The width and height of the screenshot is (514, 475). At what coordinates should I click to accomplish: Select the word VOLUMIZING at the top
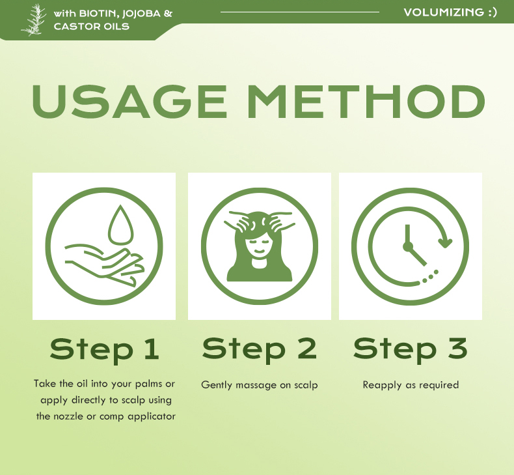(x=444, y=12)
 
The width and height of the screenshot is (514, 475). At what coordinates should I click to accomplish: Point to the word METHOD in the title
(x=366, y=101)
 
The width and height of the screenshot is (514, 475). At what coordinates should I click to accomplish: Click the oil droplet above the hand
(x=121, y=225)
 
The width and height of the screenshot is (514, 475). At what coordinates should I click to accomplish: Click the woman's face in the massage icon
(x=259, y=247)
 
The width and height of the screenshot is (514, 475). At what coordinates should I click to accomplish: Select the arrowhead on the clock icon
(x=446, y=243)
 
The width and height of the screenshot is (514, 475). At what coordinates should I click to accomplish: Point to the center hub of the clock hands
(x=407, y=246)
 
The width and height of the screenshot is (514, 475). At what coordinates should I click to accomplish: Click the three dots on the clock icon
(x=431, y=276)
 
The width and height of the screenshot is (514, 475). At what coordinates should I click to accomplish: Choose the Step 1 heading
(x=105, y=350)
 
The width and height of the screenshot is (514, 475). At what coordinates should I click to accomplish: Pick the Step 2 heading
(x=260, y=349)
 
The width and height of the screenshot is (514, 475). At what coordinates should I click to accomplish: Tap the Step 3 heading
(x=410, y=349)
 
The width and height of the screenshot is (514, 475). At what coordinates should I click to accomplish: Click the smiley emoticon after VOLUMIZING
(x=493, y=12)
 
